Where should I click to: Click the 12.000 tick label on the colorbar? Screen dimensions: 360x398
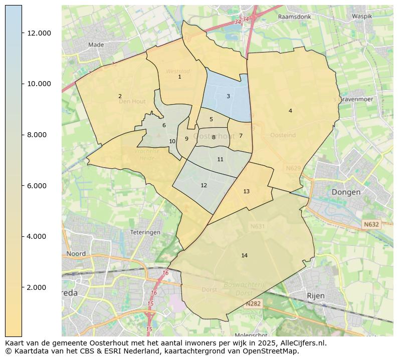point(39,33)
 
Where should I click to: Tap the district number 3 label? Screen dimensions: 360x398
point(228,96)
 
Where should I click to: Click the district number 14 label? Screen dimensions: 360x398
point(244,255)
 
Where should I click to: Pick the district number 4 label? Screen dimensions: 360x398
point(290,111)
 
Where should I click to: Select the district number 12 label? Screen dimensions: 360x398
point(204,185)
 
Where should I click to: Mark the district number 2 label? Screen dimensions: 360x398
point(120,96)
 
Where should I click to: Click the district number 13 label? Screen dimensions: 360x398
point(246,191)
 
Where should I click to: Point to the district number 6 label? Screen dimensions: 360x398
point(164,125)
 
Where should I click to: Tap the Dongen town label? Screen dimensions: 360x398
point(346,192)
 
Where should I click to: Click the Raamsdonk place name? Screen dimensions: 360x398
point(294,17)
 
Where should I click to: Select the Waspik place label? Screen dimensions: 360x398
point(362,16)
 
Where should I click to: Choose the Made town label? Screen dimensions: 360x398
point(96,45)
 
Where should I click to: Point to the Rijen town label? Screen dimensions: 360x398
point(316,295)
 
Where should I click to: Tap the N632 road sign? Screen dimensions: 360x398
point(371,225)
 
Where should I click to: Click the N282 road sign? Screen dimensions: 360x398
point(253,304)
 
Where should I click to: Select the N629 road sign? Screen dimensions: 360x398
point(293,169)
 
